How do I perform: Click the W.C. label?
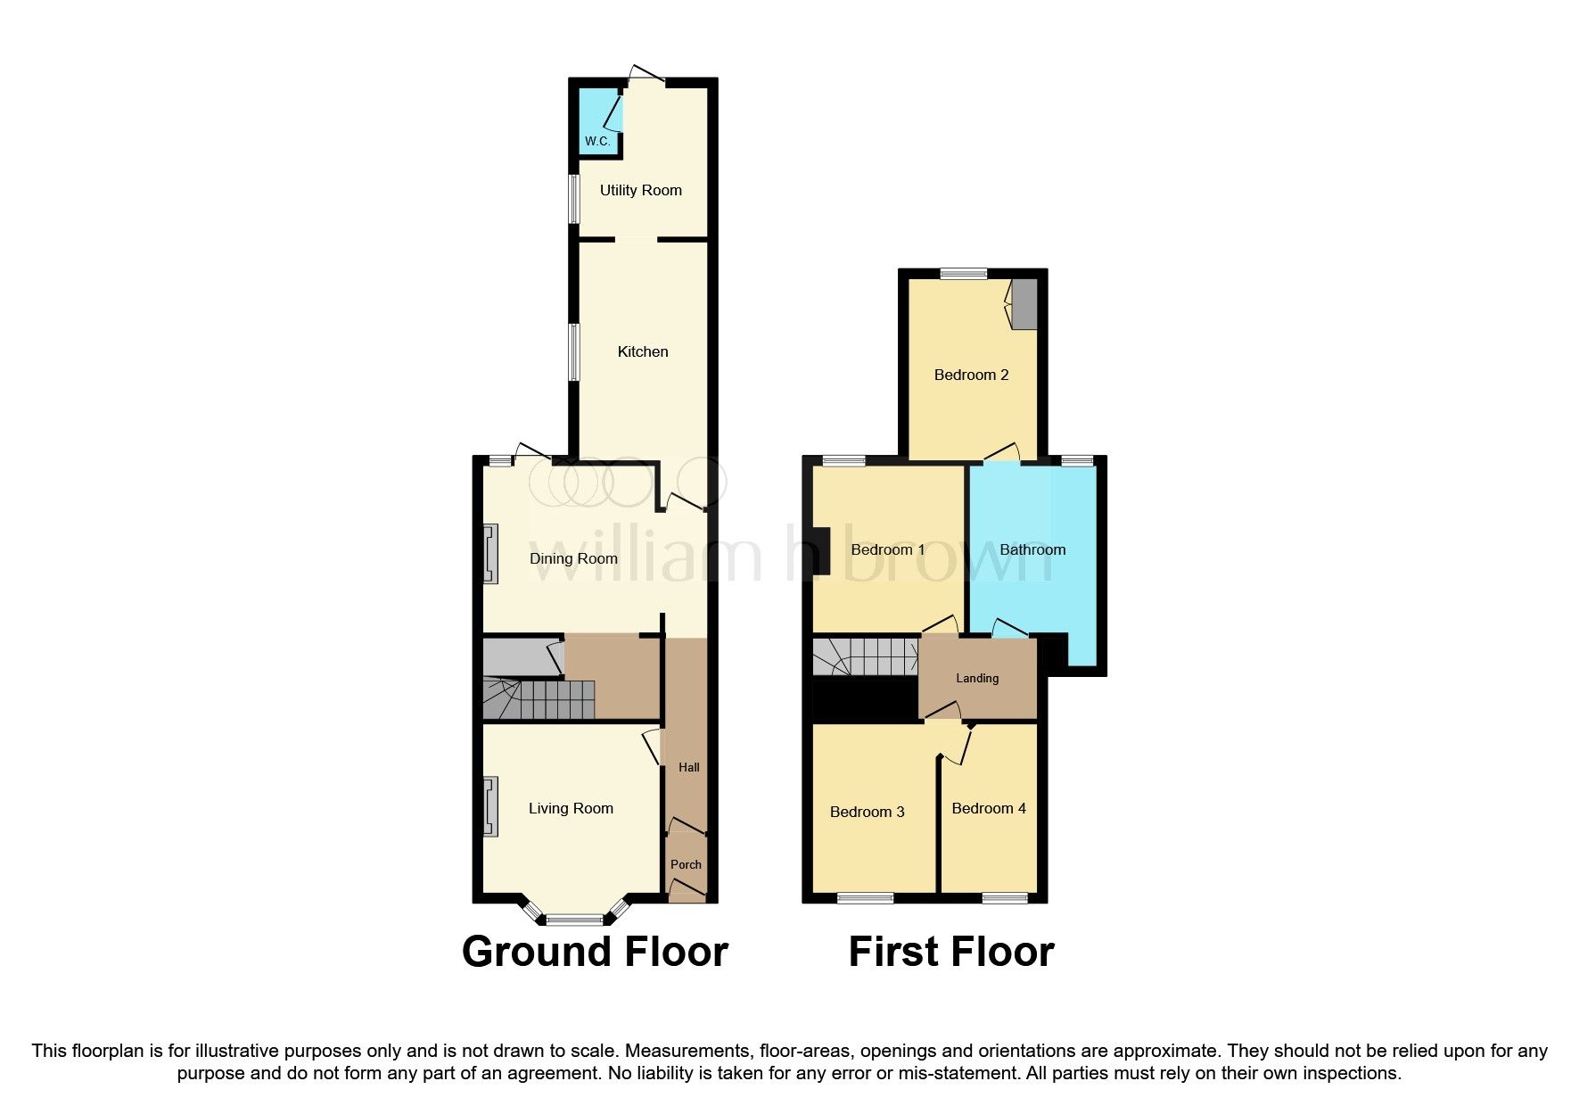596,141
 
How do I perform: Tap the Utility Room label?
640,190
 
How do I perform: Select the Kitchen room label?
642,351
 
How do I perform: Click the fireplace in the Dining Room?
489,554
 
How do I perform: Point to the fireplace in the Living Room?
489,806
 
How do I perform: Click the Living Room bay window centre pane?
575,920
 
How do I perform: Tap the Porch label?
686,864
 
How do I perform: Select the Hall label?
688,767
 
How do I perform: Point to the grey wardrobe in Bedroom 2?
1025,304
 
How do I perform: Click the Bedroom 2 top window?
963,274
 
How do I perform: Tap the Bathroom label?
1032,549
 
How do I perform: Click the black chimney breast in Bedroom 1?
821,550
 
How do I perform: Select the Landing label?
977,678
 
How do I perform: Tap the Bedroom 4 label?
988,808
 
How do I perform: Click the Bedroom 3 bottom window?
865,898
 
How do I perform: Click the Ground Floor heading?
595,952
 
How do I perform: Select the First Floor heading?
950,952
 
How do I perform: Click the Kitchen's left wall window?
575,352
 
